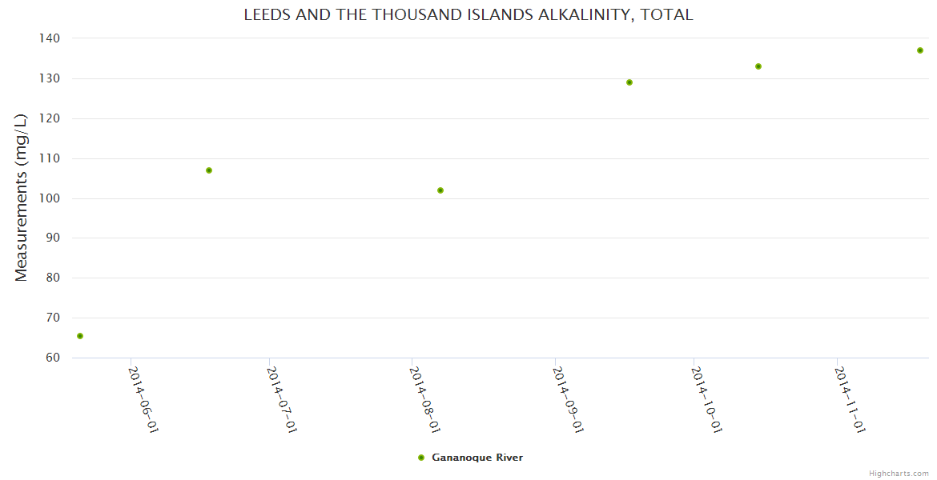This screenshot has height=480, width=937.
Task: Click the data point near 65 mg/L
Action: [80, 336]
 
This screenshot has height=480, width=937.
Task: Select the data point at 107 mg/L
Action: [209, 170]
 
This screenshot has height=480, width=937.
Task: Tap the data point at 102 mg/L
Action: [440, 190]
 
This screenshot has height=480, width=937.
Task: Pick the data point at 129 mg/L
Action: [629, 82]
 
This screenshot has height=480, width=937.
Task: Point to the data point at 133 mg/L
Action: [758, 66]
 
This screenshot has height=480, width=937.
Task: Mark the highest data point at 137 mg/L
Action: [920, 50]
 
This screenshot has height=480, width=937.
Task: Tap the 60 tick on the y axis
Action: [53, 358]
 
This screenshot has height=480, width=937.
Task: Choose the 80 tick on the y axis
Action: [53, 278]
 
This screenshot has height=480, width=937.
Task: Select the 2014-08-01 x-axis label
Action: [424, 399]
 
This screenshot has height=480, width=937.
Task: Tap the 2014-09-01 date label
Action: [568, 399]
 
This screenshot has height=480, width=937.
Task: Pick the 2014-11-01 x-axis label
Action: [850, 399]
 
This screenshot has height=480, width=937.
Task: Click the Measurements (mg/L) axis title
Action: [22, 198]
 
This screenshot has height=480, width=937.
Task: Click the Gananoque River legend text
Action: [477, 458]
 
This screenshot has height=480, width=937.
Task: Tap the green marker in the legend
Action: [421, 458]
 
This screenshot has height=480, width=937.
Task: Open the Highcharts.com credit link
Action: [899, 474]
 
